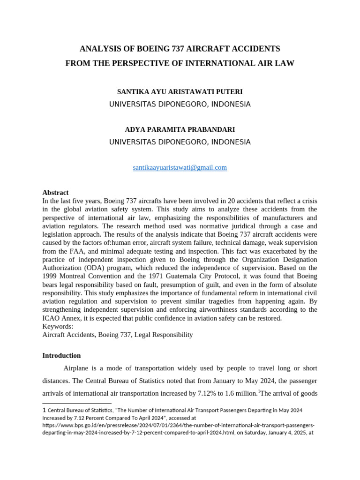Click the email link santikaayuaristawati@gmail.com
coord(180,167)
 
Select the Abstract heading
coord(55,192)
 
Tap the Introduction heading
coord(61,355)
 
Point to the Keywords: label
coord(58,326)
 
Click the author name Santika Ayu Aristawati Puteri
coord(180,92)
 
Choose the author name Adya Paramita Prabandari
coord(180,129)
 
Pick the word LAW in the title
coord(285,63)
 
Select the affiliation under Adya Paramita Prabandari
coord(180,142)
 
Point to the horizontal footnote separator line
coord(77,403)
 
